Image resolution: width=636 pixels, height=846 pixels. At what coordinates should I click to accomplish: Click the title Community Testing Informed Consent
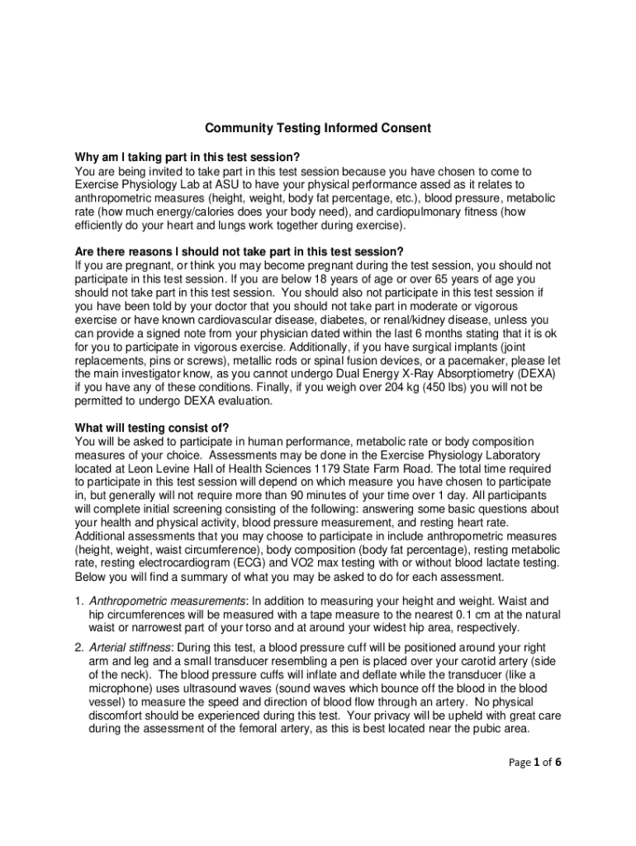click(x=318, y=129)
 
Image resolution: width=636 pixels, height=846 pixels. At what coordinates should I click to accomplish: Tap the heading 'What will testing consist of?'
click(x=152, y=427)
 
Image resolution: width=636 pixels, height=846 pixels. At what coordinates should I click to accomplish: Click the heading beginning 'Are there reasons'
click(x=240, y=251)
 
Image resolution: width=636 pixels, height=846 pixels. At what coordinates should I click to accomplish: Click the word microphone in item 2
click(x=116, y=687)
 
